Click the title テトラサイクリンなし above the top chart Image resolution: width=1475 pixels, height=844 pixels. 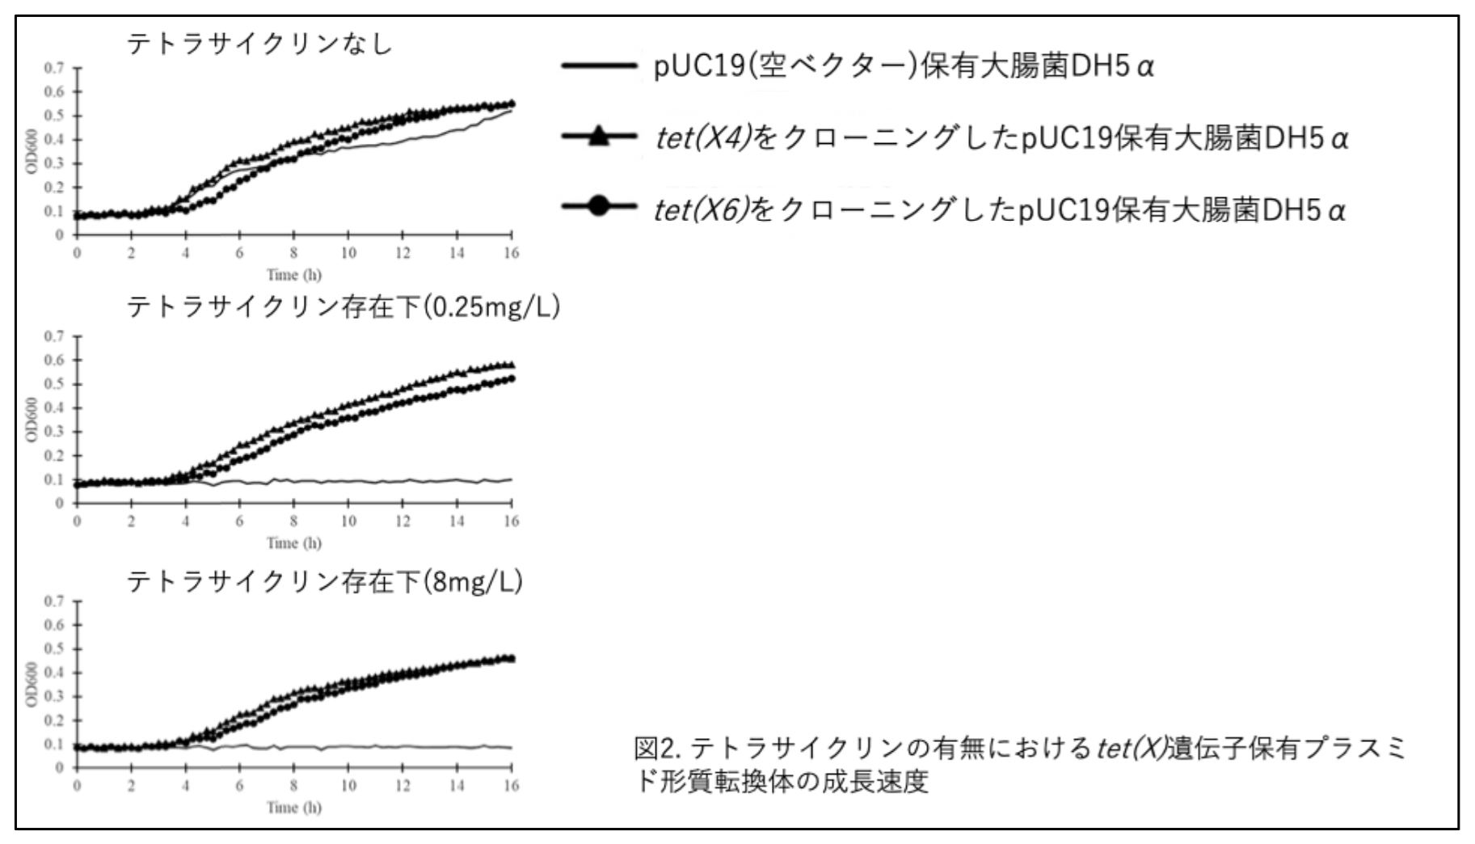259,43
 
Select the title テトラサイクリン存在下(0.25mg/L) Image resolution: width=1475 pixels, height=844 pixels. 343,307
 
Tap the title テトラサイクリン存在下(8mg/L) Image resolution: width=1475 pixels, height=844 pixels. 324,581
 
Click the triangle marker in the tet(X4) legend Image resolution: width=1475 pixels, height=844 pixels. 599,137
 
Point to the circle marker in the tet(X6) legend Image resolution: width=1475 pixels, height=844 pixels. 599,207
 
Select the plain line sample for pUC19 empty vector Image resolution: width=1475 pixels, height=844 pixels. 599,65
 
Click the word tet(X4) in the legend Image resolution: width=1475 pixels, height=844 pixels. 702,138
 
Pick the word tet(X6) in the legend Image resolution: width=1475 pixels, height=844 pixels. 700,209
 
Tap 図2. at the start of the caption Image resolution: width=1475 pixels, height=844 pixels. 660,748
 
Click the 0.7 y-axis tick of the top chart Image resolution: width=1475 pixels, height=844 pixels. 54,68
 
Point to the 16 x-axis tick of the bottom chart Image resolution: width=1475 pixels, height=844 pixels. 511,786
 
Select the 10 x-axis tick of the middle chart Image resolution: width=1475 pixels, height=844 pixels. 348,521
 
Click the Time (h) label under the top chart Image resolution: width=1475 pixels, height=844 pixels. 294,275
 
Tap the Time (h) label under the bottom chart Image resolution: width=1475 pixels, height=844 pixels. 294,807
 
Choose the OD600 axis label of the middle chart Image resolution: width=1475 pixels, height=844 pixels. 32,419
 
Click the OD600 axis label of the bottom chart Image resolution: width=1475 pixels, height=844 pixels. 32,684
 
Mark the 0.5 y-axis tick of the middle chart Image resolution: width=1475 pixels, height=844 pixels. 54,383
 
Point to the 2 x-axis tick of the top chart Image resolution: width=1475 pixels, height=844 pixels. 131,253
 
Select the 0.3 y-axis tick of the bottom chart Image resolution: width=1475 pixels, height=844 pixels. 54,696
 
